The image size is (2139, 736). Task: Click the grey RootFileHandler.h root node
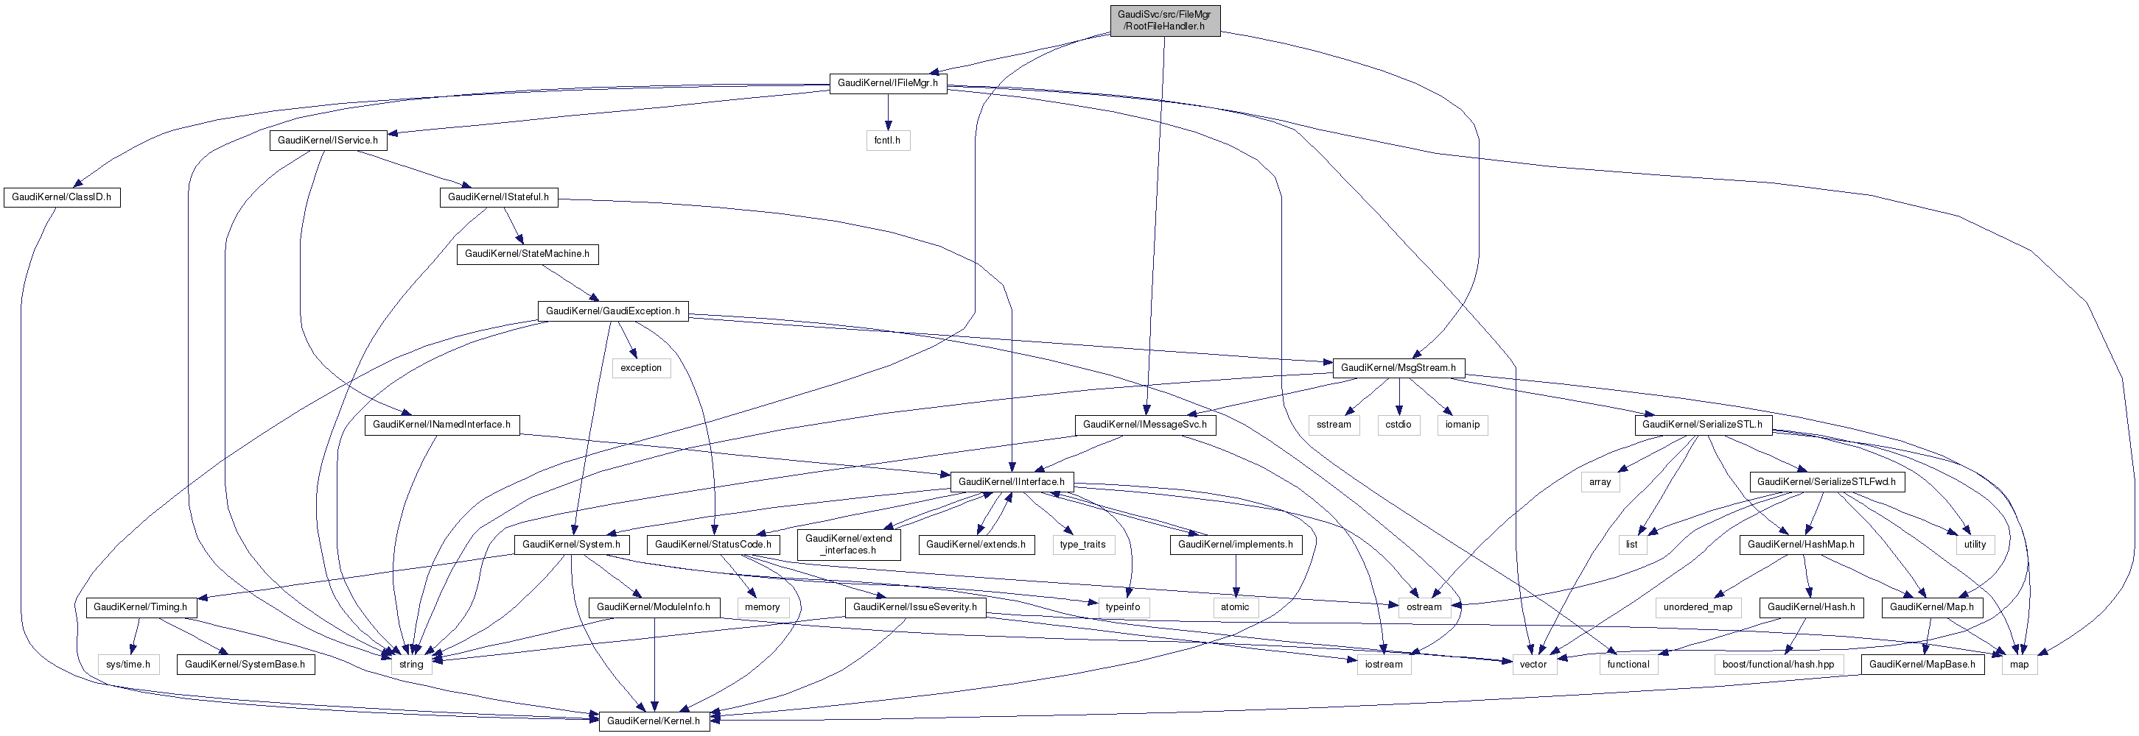pyautogui.click(x=1164, y=20)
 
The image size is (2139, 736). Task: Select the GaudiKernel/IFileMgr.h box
pyautogui.click(x=887, y=83)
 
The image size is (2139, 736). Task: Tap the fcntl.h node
pyautogui.click(x=887, y=141)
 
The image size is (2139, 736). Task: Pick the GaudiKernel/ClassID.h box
pyautogui.click(x=61, y=197)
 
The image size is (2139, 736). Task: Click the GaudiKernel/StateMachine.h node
pyautogui.click(x=526, y=254)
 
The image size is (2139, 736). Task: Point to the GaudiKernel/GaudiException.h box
pyautogui.click(x=612, y=311)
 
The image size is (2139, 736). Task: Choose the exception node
pyautogui.click(x=641, y=367)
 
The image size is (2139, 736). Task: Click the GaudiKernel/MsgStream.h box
pyautogui.click(x=1398, y=367)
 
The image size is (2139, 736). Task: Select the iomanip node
pyautogui.click(x=1461, y=425)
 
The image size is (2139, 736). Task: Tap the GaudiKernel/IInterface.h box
pyautogui.click(x=1010, y=482)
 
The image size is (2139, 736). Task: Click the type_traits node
pyautogui.click(x=1082, y=545)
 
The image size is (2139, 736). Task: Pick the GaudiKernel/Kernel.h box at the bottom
pyautogui.click(x=653, y=721)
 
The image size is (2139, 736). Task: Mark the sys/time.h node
pyautogui.click(x=128, y=665)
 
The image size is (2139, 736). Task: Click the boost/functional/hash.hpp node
pyautogui.click(x=1778, y=665)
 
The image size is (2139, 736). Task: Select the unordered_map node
pyautogui.click(x=1697, y=607)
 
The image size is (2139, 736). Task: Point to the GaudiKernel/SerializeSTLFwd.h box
pyautogui.click(x=1825, y=482)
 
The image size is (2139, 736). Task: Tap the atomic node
pyautogui.click(x=1234, y=607)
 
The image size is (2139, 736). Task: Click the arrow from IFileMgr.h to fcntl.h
pyautogui.click(x=888, y=112)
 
